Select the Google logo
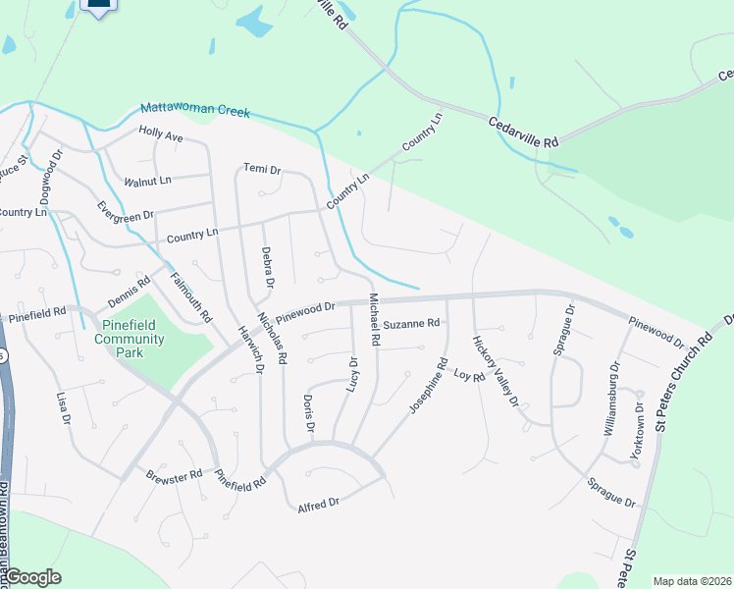[31, 577]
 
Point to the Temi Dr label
[262, 170]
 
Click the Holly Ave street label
[161, 134]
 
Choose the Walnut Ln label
[147, 182]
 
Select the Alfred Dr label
[318, 503]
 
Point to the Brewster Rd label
[174, 474]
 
